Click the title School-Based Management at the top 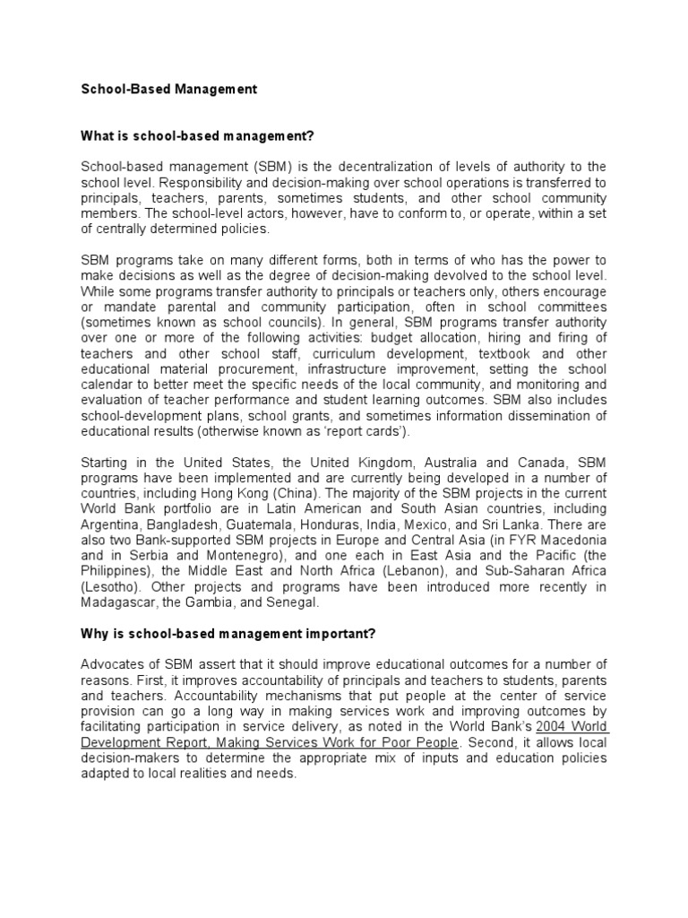coord(168,90)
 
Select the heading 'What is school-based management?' coord(199,136)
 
